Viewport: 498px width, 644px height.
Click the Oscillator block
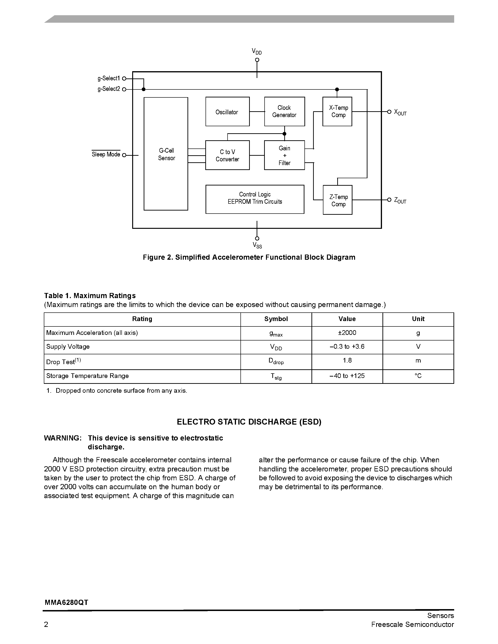click(x=227, y=112)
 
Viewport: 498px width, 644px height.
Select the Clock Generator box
click(x=285, y=111)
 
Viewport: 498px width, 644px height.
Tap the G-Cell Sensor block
click(x=166, y=154)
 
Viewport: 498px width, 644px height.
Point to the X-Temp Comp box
click(x=337, y=111)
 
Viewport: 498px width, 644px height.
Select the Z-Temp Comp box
click(x=337, y=200)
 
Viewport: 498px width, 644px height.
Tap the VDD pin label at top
click(x=256, y=52)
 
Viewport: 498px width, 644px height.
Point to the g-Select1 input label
click(x=109, y=78)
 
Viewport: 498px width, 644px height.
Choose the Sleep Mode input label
click(x=106, y=155)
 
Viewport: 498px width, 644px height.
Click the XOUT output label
click(x=400, y=112)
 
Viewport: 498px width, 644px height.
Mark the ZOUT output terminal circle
click(x=389, y=200)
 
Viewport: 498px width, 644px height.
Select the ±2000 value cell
click(x=347, y=333)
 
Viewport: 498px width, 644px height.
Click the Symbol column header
click(x=276, y=319)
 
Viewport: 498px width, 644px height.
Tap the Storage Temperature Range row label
click(x=87, y=376)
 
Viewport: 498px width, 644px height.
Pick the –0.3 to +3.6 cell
click(x=347, y=347)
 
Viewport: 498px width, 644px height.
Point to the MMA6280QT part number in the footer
click(x=66, y=602)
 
